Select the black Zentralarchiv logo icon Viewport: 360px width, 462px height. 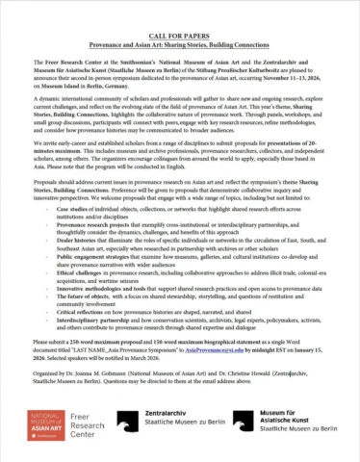click(143, 421)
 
